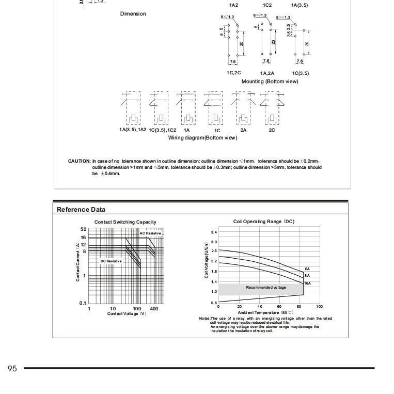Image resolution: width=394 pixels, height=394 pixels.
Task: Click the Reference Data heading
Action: tap(81, 210)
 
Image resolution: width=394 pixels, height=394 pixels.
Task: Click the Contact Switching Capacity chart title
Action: tap(125, 222)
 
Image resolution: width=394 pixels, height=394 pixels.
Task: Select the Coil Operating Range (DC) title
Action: tap(264, 222)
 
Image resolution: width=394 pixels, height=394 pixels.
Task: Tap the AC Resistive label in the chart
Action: tap(150, 233)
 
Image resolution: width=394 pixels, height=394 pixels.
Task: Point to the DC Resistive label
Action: tap(111, 262)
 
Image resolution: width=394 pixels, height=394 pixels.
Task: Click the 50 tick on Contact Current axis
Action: tap(83, 229)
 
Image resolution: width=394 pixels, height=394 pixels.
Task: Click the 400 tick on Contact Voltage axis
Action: tap(154, 308)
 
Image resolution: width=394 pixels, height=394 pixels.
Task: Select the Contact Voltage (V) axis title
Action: tap(127, 313)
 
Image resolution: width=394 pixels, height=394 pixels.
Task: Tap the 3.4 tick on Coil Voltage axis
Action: tap(214, 233)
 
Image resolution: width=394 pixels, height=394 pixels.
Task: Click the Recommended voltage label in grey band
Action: tap(265, 287)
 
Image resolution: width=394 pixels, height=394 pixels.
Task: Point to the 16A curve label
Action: tap(307, 283)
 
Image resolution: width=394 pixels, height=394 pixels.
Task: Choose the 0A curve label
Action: tap(307, 269)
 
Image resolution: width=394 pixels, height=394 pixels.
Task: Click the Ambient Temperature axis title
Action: tap(266, 312)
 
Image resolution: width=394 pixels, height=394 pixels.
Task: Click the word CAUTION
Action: tap(79, 161)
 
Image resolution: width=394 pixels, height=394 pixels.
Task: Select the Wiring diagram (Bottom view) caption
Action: tap(202, 138)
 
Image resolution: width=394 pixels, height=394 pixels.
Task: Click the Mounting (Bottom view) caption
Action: tap(270, 82)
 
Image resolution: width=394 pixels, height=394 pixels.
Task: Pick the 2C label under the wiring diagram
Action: tap(272, 131)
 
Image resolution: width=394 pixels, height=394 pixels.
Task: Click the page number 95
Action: tap(13, 368)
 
